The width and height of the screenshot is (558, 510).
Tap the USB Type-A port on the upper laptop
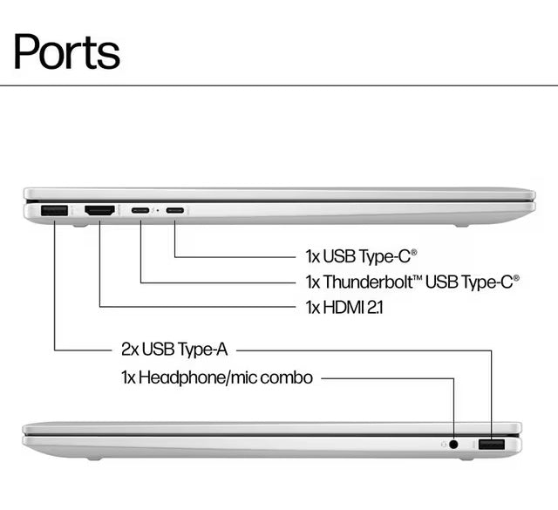pyautogui.click(x=54, y=210)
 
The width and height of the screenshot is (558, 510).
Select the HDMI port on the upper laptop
pyautogui.click(x=99, y=210)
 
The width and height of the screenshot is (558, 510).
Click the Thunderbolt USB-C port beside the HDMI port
pyautogui.click(x=140, y=210)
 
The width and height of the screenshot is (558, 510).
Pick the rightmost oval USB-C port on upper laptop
pyautogui.click(x=175, y=210)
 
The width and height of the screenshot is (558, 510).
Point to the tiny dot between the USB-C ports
pyautogui.click(x=157, y=210)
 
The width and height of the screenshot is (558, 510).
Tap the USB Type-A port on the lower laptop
pyautogui.click(x=491, y=445)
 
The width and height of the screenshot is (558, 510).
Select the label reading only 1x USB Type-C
pyautogui.click(x=361, y=256)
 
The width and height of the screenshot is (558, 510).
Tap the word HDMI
pyautogui.click(x=347, y=307)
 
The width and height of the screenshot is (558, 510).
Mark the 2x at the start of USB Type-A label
pyautogui.click(x=131, y=350)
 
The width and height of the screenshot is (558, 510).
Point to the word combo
pyautogui.click(x=291, y=378)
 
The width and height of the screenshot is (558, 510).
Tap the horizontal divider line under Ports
pyautogui.click(x=279, y=85)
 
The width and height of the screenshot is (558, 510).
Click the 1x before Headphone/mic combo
pyautogui.click(x=127, y=378)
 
